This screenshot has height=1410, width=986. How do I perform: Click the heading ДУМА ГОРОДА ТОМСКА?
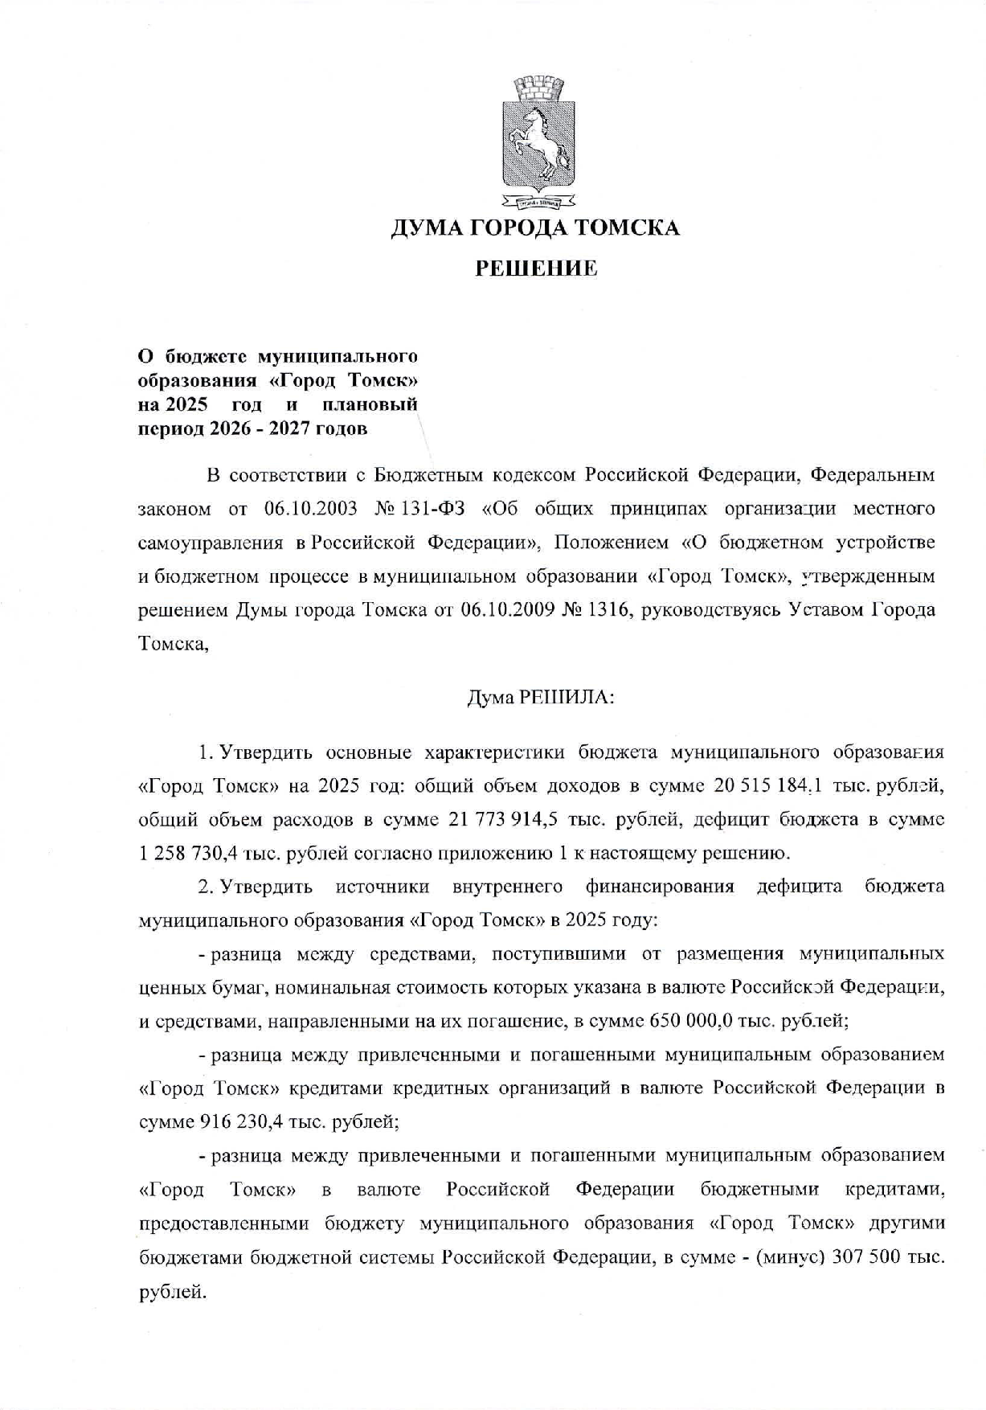(535, 228)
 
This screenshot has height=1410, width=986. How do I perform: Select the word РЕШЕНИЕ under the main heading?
(536, 268)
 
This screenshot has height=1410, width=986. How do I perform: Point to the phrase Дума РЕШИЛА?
(541, 698)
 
